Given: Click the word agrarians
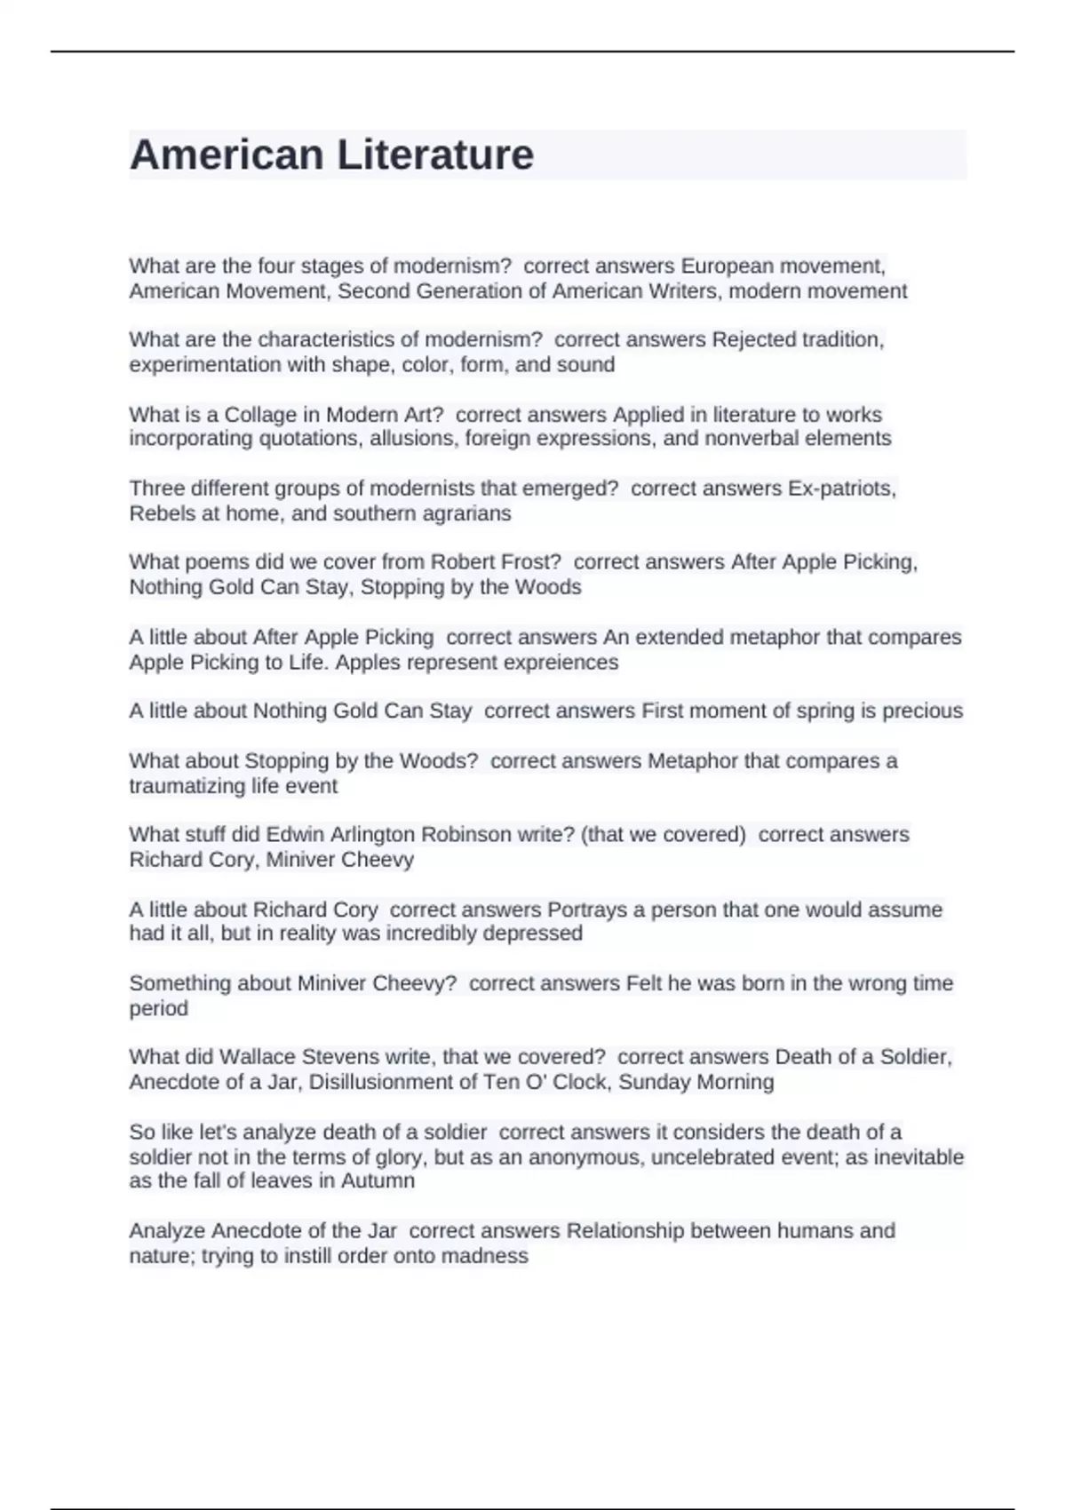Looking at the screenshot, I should (470, 513).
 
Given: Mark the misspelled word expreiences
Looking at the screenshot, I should (560, 663).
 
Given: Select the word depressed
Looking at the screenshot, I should (537, 934).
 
